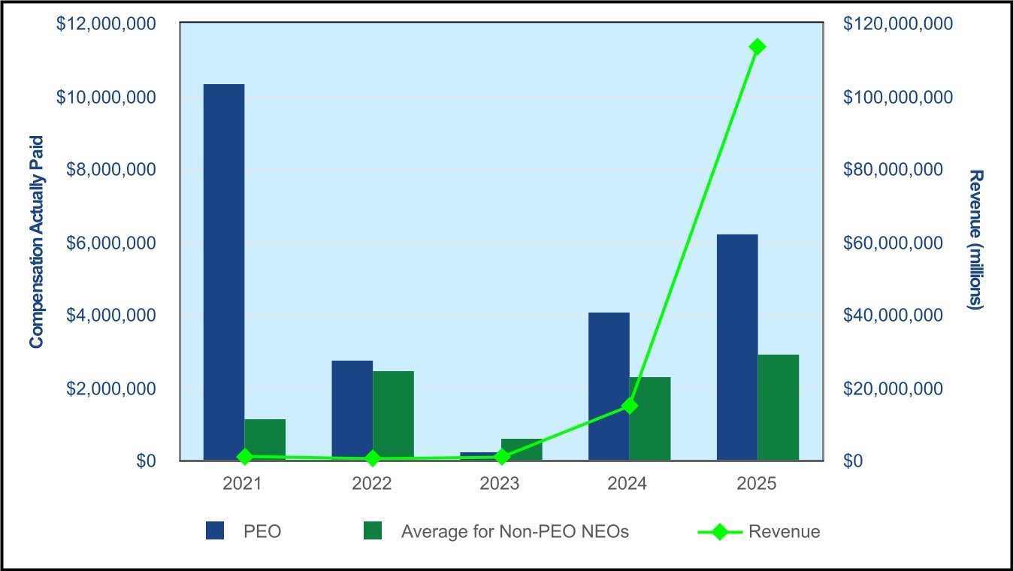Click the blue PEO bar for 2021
coord(224,272)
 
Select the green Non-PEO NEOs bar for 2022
coord(394,416)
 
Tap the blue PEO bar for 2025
coord(738,347)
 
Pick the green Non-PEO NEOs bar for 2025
coord(779,407)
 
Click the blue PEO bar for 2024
coord(609,386)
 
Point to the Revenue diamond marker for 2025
coord(757,47)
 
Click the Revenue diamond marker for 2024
coord(629,406)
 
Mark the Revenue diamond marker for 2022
coord(373,458)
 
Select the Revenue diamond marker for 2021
coord(245,457)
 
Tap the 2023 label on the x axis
coord(499,484)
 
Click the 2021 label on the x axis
coord(243,484)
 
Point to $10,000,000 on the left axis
coord(106,97)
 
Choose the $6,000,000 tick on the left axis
coord(110,243)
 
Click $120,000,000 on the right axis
coord(898,23)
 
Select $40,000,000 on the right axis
coord(894,315)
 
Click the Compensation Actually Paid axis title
coord(36,242)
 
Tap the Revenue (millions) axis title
coord(976,240)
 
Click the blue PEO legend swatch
coord(215,530)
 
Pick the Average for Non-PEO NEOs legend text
coord(515,532)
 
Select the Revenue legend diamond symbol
coord(720,532)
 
